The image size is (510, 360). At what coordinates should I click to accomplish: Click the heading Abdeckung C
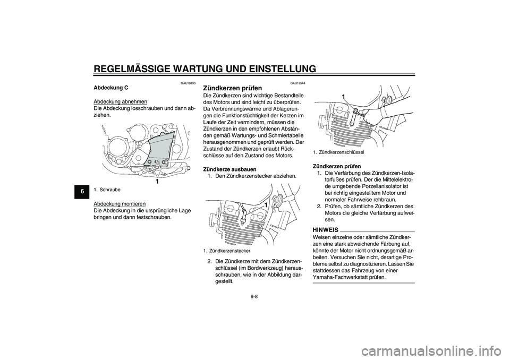(x=112, y=87)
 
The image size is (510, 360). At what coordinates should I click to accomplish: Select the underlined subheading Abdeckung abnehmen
(x=120, y=101)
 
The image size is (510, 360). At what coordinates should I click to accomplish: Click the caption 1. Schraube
(x=107, y=189)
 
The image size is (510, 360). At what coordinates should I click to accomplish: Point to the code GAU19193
(x=187, y=83)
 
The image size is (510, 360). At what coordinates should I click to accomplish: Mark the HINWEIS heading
(x=326, y=229)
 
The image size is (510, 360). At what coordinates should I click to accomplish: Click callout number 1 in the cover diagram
(x=158, y=181)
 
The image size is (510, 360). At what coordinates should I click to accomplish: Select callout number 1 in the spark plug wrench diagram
(x=343, y=96)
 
